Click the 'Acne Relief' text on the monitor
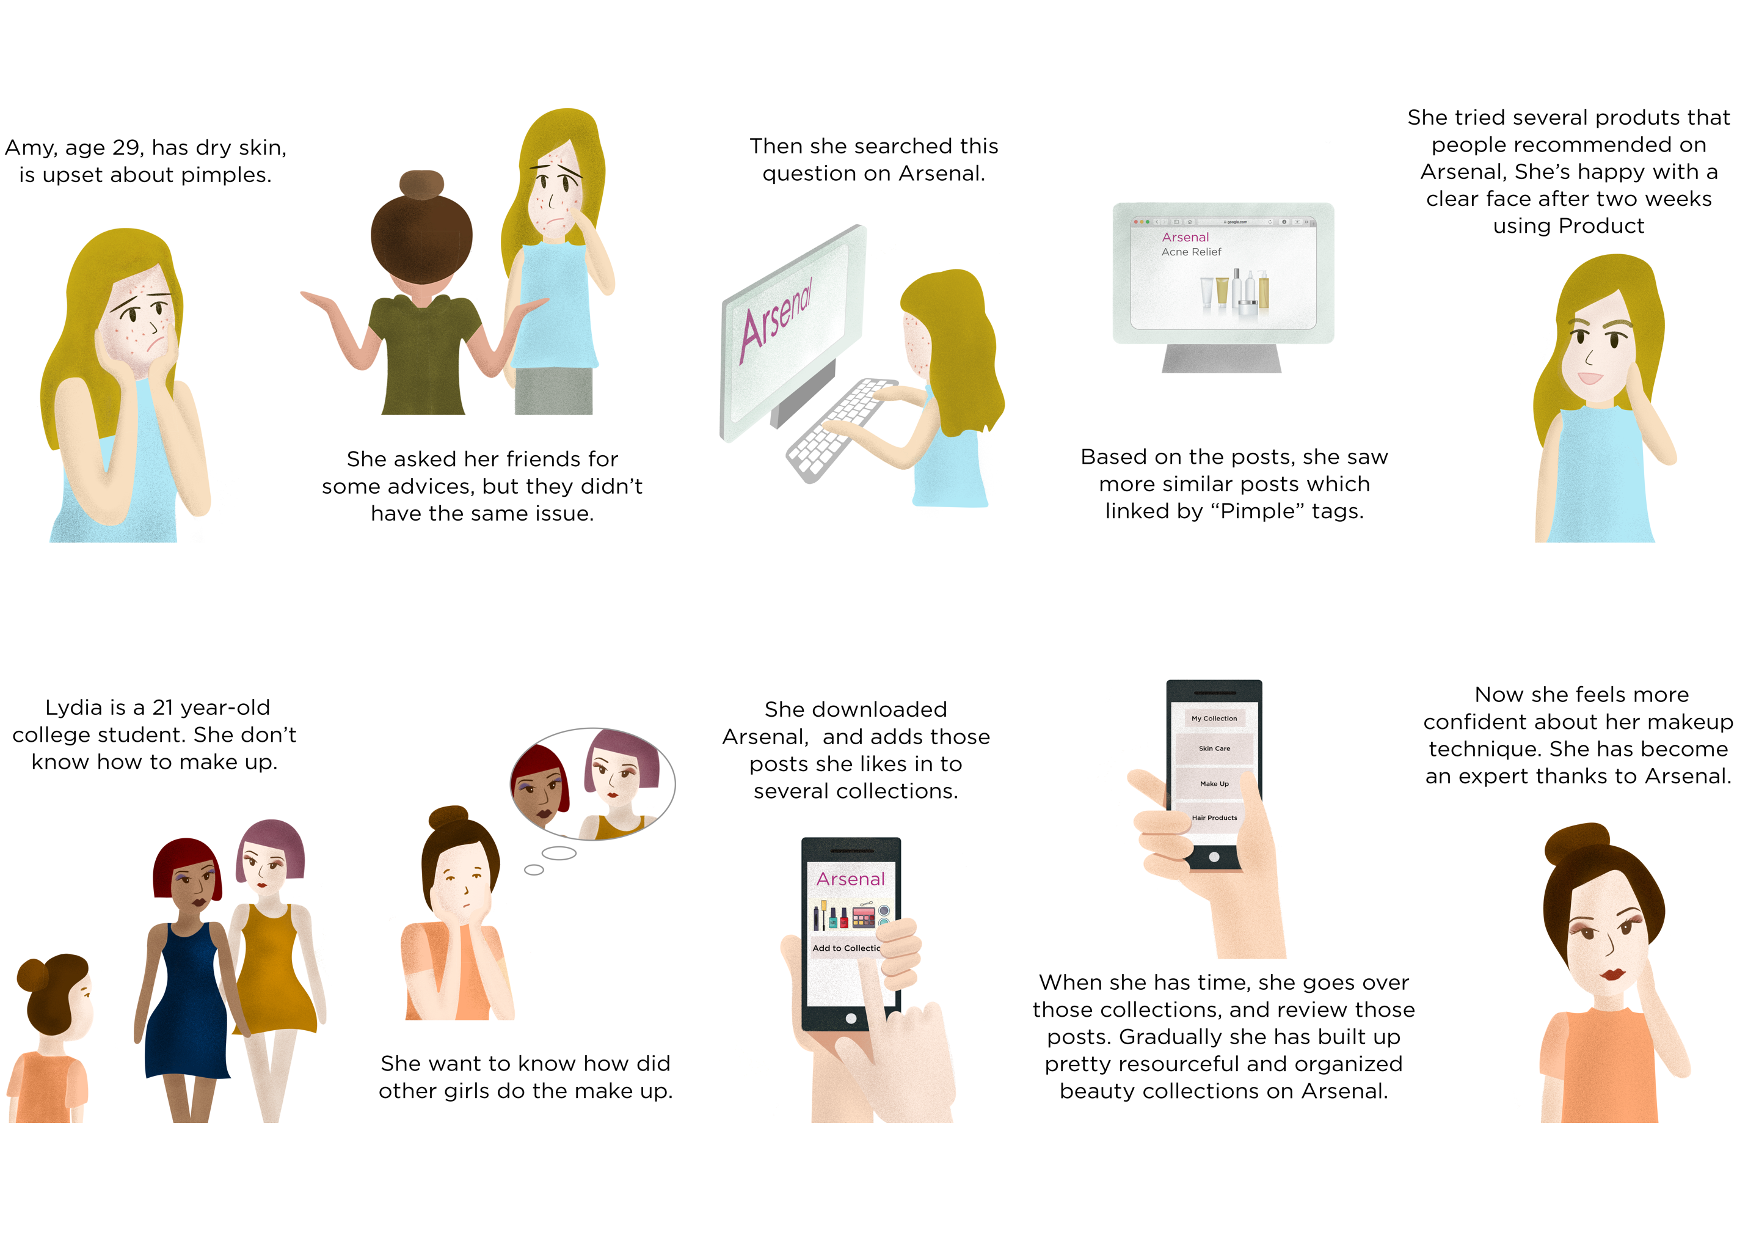pyautogui.click(x=1190, y=252)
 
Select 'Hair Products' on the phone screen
pyautogui.click(x=1214, y=818)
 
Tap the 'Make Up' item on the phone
pyautogui.click(x=1214, y=783)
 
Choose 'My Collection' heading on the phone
pyautogui.click(x=1214, y=719)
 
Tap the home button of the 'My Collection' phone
pyautogui.click(x=1214, y=857)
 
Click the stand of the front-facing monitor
pyautogui.click(x=1222, y=358)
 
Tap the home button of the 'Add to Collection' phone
pyautogui.click(x=851, y=1019)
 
